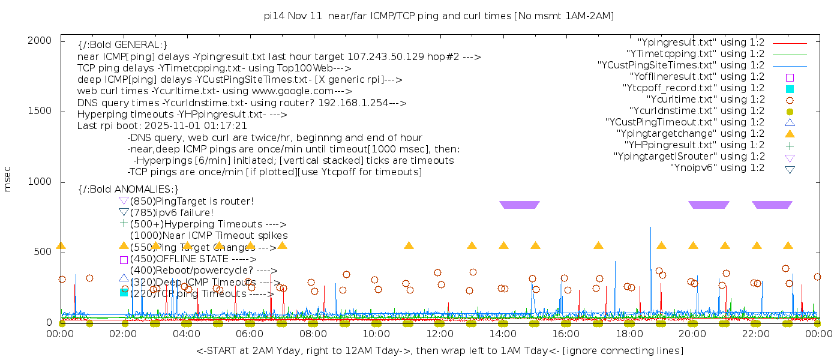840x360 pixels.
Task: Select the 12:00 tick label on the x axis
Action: [439, 334]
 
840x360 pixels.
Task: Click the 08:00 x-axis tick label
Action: [313, 334]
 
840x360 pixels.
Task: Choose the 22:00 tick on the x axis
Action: [755, 334]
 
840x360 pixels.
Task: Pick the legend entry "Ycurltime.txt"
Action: [705, 100]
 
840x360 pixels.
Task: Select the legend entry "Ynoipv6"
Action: [717, 168]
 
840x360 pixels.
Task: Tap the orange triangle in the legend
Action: [790, 134]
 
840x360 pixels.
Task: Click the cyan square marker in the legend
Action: [790, 88]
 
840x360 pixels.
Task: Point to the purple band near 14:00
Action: [520, 205]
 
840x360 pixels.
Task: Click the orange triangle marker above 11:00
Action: [409, 245]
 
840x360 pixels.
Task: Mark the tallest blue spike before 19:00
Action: [650, 228]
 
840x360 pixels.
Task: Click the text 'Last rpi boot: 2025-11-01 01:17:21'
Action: [162, 126]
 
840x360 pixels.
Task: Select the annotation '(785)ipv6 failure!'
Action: [172, 212]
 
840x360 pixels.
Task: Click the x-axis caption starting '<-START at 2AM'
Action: [439, 350]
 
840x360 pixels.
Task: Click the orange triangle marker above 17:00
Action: [598, 245]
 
